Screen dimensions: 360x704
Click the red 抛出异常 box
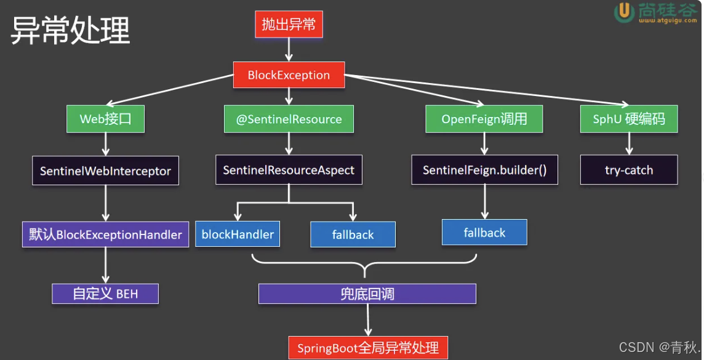point(288,25)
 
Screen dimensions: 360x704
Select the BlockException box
point(289,75)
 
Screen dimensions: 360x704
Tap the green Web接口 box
point(105,119)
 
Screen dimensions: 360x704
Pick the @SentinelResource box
point(289,119)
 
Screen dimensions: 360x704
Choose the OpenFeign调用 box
point(484,119)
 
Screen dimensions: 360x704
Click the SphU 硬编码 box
point(629,119)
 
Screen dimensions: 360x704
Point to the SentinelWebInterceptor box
point(105,170)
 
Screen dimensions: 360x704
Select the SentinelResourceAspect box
point(289,170)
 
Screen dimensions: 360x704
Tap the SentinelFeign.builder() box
point(484,170)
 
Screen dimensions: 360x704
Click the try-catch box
point(629,170)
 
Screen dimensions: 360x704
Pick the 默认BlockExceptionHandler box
point(105,234)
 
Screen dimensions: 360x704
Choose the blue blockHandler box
point(238,234)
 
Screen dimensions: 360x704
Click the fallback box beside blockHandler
point(353,234)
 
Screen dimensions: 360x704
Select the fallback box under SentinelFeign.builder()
point(484,233)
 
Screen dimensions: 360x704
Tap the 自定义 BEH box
point(105,294)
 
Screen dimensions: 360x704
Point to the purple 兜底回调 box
point(367,294)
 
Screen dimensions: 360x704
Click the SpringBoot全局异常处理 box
point(368,348)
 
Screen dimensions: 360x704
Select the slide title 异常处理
point(71,31)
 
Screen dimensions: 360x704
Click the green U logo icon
point(624,12)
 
